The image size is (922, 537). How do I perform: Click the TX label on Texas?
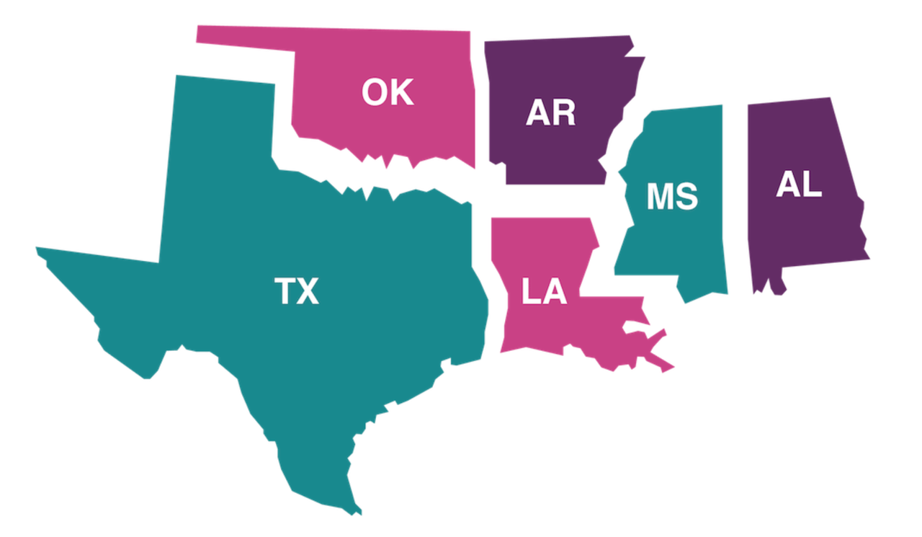pyautogui.click(x=297, y=291)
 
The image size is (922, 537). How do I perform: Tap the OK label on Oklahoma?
pyautogui.click(x=388, y=93)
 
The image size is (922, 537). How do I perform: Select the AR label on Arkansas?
pyautogui.click(x=551, y=113)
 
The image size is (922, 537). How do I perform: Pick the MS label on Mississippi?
pyautogui.click(x=672, y=197)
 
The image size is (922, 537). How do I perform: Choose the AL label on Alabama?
pyautogui.click(x=799, y=185)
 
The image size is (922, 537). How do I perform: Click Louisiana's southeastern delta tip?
pyautogui.click(x=668, y=368)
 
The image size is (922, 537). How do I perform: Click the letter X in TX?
pyautogui.click(x=308, y=291)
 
